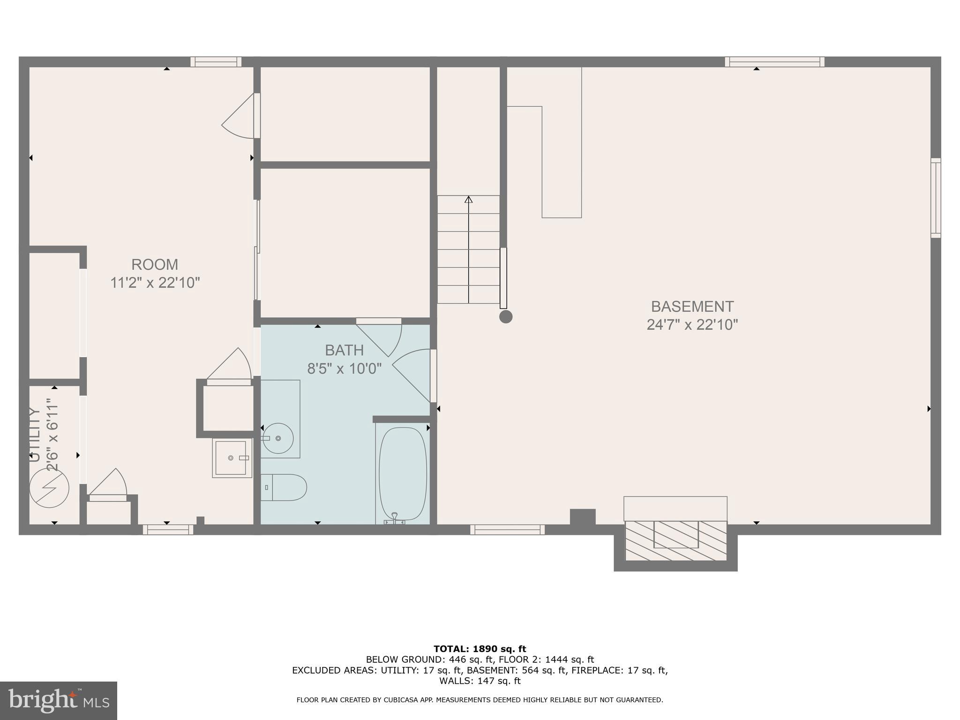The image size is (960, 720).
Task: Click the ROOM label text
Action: [155, 265]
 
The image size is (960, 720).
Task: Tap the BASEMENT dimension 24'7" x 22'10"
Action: [692, 325]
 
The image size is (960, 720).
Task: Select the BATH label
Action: [344, 350]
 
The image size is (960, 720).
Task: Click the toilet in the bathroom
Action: [284, 487]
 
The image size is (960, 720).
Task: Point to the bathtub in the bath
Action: [403, 473]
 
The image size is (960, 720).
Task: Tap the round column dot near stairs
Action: [506, 317]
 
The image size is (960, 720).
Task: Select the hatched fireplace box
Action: [676, 540]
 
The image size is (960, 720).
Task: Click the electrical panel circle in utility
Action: [49, 487]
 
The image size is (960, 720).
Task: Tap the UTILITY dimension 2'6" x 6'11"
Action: [52, 435]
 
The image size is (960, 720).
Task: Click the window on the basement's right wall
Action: [935, 198]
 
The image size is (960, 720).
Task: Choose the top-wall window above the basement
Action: [774, 62]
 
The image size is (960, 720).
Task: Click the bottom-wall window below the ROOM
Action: [168, 530]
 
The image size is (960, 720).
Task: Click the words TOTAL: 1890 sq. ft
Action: [480, 649]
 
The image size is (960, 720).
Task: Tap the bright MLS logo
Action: [59, 700]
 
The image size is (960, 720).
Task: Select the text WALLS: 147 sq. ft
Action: [480, 681]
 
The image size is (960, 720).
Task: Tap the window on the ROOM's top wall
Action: [216, 62]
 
